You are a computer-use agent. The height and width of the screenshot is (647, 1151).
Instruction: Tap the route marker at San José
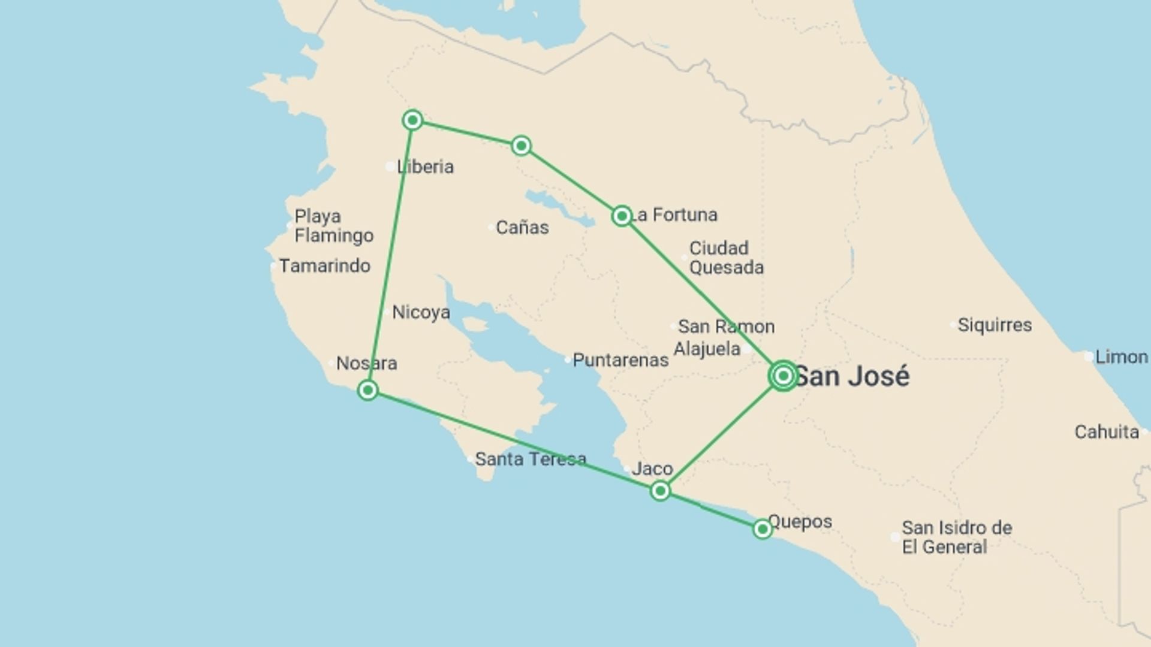click(783, 376)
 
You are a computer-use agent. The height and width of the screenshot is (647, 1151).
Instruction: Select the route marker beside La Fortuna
click(622, 216)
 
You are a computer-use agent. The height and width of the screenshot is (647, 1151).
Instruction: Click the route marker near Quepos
click(762, 529)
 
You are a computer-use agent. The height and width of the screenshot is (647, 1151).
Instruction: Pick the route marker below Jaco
click(660, 491)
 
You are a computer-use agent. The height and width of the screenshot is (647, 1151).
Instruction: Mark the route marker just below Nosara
click(367, 391)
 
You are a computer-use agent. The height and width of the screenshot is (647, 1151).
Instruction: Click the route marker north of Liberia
click(412, 120)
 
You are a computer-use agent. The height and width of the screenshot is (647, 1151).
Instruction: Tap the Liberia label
click(425, 167)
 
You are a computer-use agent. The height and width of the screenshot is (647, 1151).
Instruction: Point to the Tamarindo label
click(324, 265)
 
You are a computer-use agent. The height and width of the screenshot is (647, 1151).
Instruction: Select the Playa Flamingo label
click(333, 226)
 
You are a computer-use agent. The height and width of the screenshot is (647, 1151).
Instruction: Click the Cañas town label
click(522, 228)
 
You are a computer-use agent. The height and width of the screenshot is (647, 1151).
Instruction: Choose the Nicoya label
click(421, 312)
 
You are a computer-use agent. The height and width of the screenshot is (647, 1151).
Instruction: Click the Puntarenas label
click(620, 360)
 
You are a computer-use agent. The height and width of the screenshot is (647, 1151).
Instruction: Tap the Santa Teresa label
click(531, 459)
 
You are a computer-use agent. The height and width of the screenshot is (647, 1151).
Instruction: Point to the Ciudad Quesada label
click(726, 258)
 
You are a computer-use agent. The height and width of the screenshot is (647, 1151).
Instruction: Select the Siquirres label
click(995, 325)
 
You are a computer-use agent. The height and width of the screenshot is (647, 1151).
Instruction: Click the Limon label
click(1121, 357)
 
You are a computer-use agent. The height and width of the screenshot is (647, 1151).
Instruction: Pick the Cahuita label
click(1107, 432)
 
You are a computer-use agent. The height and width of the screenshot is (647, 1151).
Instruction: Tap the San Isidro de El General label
click(956, 537)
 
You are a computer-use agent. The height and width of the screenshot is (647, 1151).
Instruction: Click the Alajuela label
click(707, 349)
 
